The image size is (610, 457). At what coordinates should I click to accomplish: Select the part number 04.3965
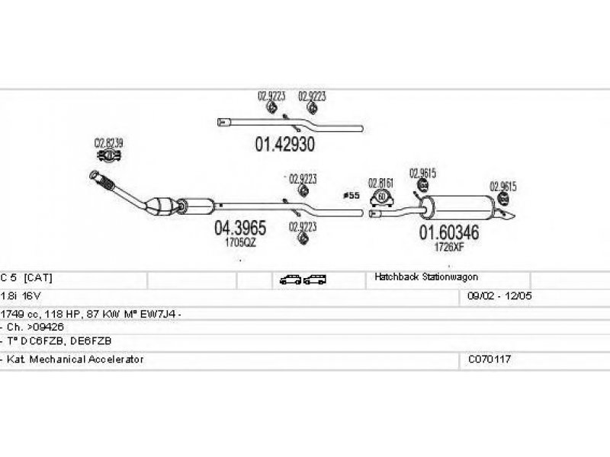239,228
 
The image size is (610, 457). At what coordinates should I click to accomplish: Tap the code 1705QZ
240,242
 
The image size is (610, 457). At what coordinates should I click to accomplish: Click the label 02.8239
109,142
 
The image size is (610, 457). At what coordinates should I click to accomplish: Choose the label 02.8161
380,183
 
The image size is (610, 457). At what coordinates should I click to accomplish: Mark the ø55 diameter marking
351,196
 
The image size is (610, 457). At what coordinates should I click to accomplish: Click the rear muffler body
456,206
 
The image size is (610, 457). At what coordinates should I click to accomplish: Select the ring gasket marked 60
380,199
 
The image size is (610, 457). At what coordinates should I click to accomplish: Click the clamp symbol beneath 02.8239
108,158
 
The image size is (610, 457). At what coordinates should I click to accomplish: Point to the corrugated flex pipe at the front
105,181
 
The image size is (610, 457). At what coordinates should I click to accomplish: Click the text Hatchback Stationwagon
425,277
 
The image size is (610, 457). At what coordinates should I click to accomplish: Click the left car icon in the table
290,280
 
